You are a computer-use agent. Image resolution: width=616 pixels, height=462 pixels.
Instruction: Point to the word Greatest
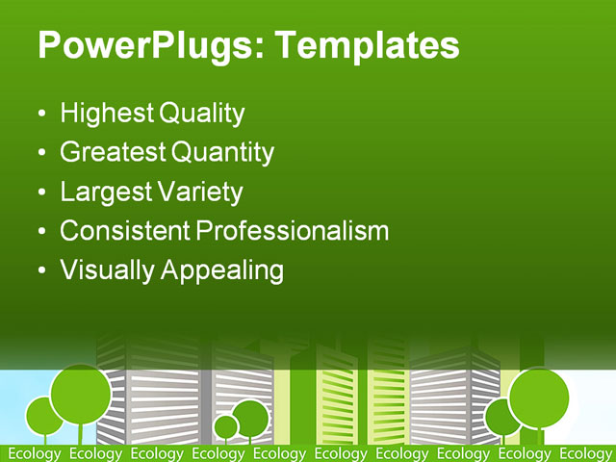pyautogui.click(x=113, y=152)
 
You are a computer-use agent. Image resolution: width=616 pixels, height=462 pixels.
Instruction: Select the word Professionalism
pyautogui.click(x=292, y=231)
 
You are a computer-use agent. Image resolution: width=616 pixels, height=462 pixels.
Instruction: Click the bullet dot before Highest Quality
pyautogui.click(x=40, y=115)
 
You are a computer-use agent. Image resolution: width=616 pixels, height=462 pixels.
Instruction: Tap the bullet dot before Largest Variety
pyautogui.click(x=40, y=192)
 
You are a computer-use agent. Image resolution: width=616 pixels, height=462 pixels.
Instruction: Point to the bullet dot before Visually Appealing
pyautogui.click(x=40, y=271)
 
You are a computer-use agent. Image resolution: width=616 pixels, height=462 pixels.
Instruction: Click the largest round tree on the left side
pyautogui.click(x=81, y=395)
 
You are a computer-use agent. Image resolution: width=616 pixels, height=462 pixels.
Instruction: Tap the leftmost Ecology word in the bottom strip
pyautogui.click(x=34, y=453)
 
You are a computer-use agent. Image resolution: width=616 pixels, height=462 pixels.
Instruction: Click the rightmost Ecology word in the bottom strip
pyautogui.click(x=585, y=453)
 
